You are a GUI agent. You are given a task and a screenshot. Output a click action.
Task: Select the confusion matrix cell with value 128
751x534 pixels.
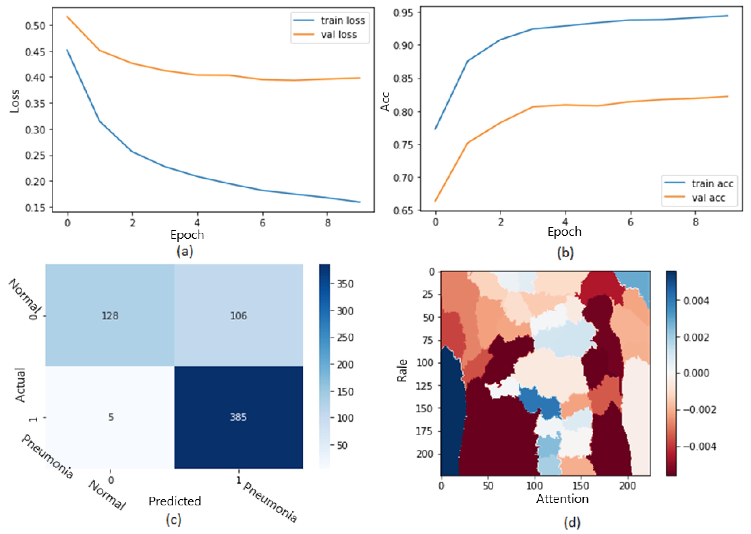coord(110,316)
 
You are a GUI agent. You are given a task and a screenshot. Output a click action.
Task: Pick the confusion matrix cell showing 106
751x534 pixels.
coord(238,316)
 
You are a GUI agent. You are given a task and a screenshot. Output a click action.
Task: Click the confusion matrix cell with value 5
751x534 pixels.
coord(111,417)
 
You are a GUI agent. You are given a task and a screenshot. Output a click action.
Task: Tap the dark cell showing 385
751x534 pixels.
coord(238,417)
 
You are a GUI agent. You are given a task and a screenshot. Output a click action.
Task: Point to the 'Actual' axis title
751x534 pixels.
coord(20,385)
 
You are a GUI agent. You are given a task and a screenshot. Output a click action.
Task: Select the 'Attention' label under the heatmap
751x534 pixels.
coord(562,499)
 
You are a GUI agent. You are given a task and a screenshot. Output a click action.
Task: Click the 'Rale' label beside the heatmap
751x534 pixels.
coord(402,371)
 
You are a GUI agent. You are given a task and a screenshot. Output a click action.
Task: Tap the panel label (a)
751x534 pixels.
coord(185,251)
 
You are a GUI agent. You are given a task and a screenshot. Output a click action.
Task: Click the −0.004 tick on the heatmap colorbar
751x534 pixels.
coord(699,447)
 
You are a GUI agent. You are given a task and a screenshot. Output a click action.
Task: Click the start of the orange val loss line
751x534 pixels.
coord(67,16)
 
